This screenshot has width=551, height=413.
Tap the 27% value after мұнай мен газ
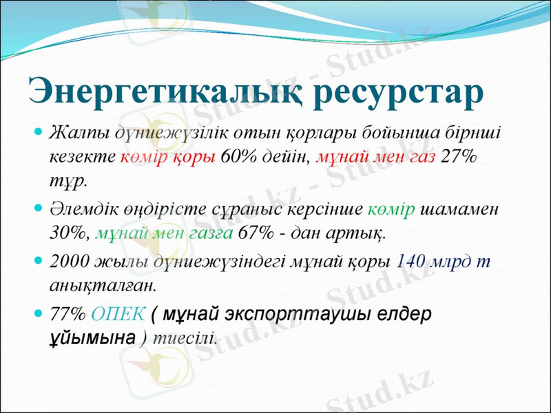(x=460, y=157)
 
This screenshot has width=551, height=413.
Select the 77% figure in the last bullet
(x=67, y=314)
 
